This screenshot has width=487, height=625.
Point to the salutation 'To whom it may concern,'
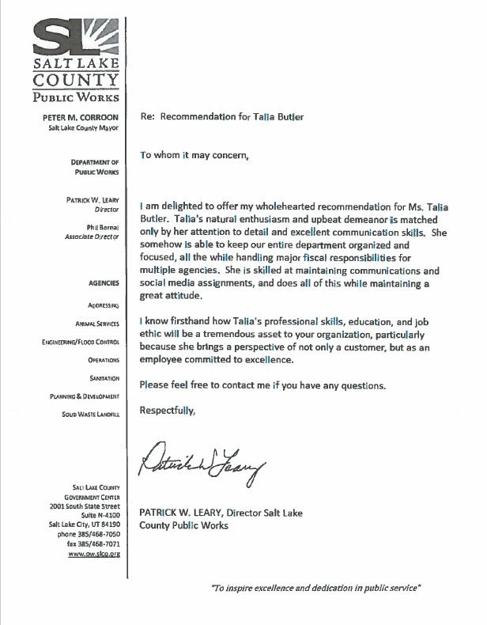tap(194, 154)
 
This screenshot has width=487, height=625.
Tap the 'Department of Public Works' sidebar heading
tap(96, 165)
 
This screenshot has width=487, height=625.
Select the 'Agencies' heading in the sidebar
tap(104, 282)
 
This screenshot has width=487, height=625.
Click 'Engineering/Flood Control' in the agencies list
tap(81, 341)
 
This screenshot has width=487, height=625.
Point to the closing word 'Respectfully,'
tap(166, 411)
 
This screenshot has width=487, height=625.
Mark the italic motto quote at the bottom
tap(315, 589)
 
